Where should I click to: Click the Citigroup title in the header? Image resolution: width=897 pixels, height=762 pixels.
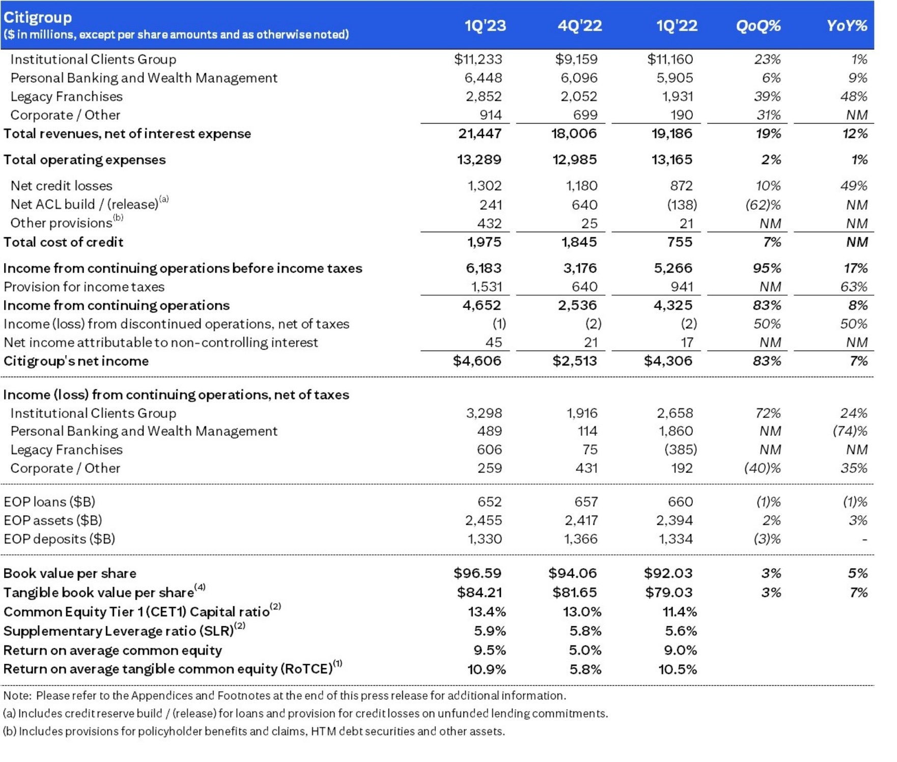tap(38, 17)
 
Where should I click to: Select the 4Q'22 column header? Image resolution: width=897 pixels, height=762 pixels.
tap(579, 25)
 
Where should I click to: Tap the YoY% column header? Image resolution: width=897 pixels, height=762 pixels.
tap(847, 25)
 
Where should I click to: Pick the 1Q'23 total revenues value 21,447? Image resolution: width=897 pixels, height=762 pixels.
tap(480, 134)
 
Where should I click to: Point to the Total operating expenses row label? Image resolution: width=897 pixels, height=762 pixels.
tap(85, 160)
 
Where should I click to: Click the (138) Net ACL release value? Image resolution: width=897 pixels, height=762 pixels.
tap(682, 205)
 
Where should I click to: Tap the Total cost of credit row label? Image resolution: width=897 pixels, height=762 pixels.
tap(63, 242)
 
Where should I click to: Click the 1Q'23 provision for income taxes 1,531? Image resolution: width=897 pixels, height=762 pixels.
tap(486, 287)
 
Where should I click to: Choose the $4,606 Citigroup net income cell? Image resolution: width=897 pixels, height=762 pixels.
tap(477, 361)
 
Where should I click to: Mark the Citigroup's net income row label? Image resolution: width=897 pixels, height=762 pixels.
tap(76, 361)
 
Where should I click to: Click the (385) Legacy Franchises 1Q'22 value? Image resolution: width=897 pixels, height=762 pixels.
tap(681, 450)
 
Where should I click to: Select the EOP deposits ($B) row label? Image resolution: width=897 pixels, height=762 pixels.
tap(59, 539)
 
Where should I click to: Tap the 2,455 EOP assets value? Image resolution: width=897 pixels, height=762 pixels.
tap(483, 521)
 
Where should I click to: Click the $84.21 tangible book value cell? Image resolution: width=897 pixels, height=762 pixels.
tap(479, 592)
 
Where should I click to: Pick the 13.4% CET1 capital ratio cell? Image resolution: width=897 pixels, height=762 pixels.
tap(487, 612)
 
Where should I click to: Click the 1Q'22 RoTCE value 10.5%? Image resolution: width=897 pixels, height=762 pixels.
tap(677, 669)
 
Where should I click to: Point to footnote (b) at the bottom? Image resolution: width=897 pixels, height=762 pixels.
tap(254, 731)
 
